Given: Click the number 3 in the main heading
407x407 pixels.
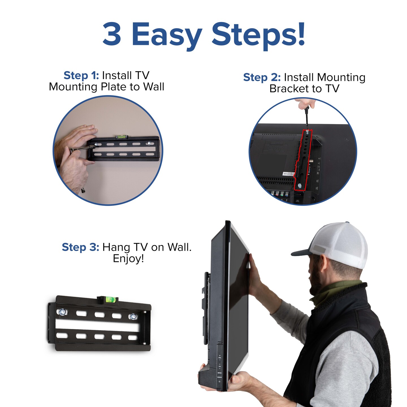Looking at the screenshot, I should coord(112,34).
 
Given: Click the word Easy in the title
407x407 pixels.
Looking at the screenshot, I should coord(167,35).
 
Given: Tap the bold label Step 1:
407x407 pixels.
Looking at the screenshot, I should coord(81,75).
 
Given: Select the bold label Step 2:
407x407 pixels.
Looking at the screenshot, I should coord(262,77).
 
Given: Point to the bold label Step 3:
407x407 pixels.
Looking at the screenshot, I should coord(80,247).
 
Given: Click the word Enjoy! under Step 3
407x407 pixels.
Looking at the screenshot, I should coord(128,258).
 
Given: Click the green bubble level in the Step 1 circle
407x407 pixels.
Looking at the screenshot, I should coord(122,137).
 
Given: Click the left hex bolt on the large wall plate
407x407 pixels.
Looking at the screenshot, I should coord(62,312).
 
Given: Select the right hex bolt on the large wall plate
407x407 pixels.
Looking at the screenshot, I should coord(133,316).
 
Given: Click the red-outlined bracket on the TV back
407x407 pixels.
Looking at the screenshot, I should coord(303,160).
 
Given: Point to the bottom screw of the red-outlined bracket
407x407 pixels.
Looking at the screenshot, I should coord(300,185).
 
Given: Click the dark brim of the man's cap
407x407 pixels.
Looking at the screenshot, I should coord(301,252).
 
